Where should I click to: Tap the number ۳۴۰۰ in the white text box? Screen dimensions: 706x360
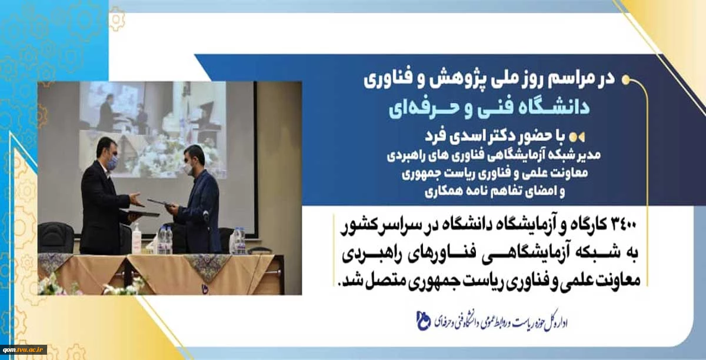coord(623,225)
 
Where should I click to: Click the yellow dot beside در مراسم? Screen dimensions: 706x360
coord(626,80)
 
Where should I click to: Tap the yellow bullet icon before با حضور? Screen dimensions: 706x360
coord(577,137)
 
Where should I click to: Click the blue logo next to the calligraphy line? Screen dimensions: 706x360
coord(423,321)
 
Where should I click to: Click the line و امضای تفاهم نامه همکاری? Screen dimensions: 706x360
coord(495,191)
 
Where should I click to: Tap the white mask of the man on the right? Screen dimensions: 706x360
coord(188,169)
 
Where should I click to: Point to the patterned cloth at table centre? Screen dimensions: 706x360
coord(208,266)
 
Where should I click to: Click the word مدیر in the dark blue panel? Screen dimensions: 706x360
coord(590,155)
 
